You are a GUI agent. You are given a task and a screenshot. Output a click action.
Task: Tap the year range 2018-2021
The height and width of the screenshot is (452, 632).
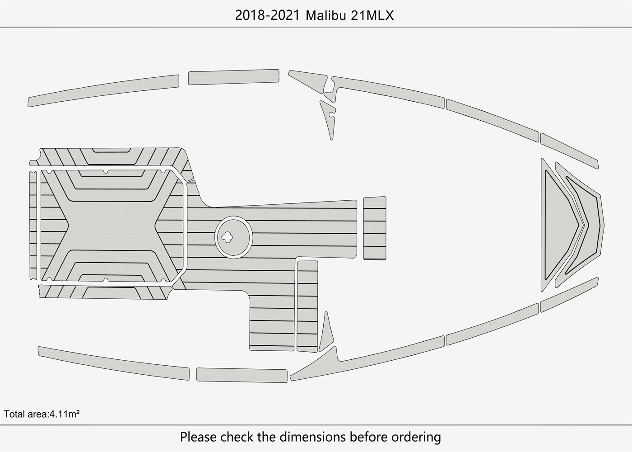pos(267,15)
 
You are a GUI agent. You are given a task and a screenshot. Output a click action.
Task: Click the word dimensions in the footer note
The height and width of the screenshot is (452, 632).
pos(312,437)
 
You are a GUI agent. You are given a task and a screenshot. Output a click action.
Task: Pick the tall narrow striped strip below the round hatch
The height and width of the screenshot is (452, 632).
pos(307,306)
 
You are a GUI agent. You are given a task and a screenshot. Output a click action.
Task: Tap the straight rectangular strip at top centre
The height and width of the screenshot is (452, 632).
pos(233,77)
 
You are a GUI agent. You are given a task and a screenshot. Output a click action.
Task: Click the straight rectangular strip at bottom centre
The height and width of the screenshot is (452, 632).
pos(242,375)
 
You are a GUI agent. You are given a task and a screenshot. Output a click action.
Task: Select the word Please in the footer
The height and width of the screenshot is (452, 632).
pos(199,437)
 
